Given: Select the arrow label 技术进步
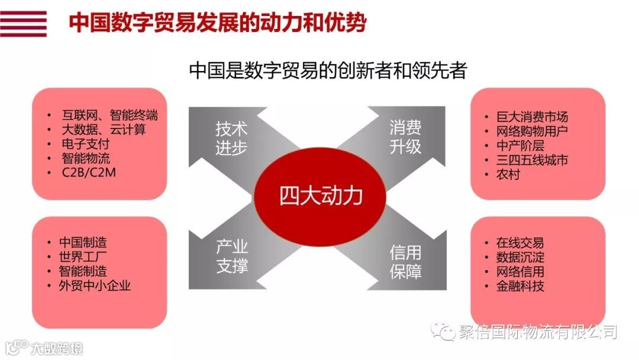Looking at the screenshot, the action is pyautogui.click(x=231, y=139).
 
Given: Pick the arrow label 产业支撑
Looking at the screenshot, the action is pyautogui.click(x=231, y=256).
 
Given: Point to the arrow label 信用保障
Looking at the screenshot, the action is pyautogui.click(x=405, y=261).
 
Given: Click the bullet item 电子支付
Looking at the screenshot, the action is pyautogui.click(x=86, y=144).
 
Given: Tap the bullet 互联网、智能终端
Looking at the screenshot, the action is pyautogui.click(x=110, y=115).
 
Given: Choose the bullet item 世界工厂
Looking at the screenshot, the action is pyautogui.click(x=83, y=257).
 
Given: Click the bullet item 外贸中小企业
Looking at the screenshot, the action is pyautogui.click(x=95, y=285).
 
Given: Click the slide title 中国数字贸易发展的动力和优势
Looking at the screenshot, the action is pyautogui.click(x=217, y=23).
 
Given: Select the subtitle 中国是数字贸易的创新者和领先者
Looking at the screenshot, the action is pyautogui.click(x=328, y=70).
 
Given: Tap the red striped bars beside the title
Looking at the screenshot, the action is pyautogui.click(x=24, y=24).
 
